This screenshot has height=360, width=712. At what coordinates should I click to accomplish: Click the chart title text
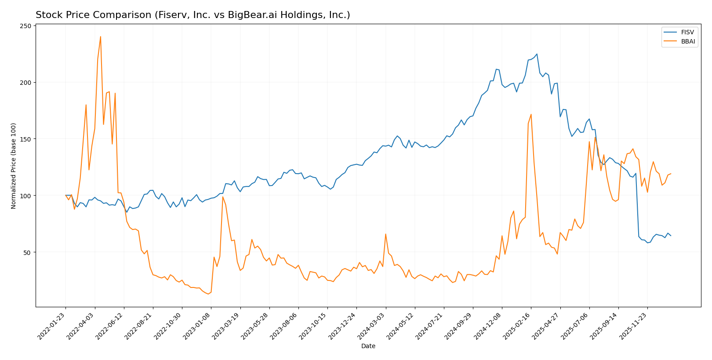(x=193, y=15)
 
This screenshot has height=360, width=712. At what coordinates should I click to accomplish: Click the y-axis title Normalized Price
(x=14, y=166)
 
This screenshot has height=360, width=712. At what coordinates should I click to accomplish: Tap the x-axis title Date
(x=368, y=346)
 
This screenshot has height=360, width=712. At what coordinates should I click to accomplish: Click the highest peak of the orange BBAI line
(x=100, y=36)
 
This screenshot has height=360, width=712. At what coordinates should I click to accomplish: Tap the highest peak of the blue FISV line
(x=537, y=54)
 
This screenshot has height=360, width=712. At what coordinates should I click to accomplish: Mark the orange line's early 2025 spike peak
(x=531, y=114)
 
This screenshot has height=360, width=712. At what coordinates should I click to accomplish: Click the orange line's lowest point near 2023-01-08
(x=208, y=294)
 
